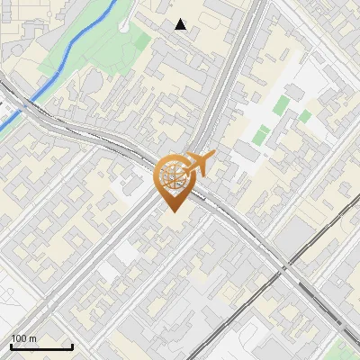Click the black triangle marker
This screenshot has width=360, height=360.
pos(181,24)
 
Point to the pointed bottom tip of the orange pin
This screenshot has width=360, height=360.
pos(172,211)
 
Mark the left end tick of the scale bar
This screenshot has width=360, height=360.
pos(11,346)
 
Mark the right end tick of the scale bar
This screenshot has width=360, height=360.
pos(72,346)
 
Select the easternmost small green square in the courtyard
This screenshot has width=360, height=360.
pos(305,116)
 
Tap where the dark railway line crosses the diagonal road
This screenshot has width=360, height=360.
pos(286,266)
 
